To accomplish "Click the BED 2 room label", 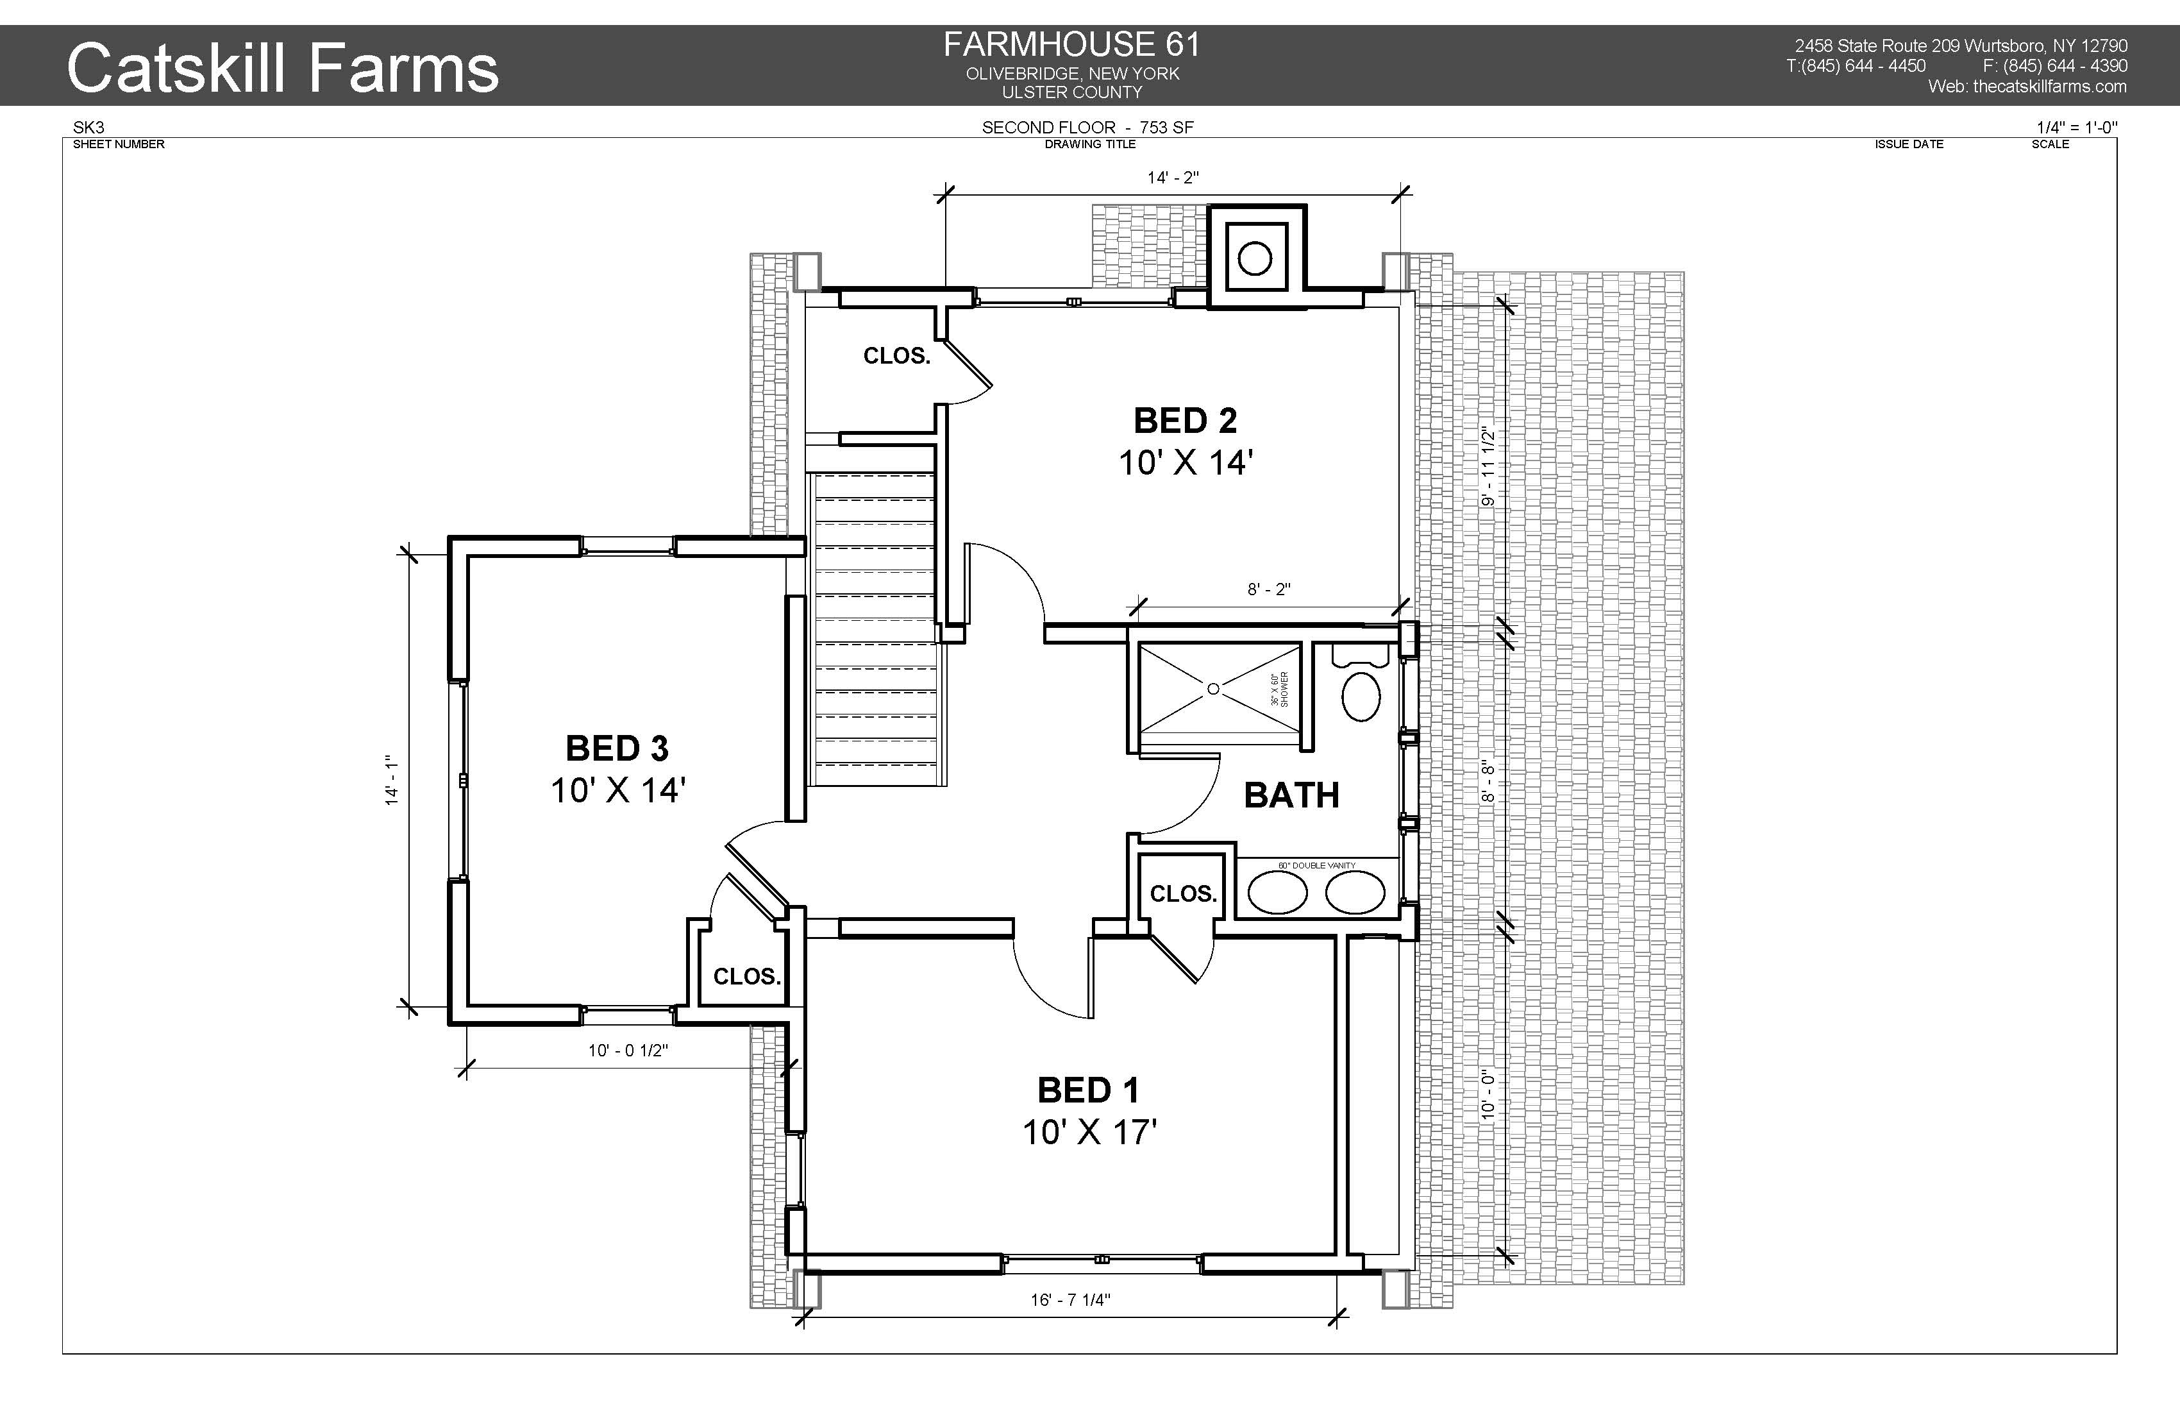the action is (x=1186, y=421).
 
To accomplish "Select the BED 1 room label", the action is (x=1088, y=1090).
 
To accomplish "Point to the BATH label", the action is (x=1291, y=795).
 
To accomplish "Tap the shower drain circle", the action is (x=1214, y=689).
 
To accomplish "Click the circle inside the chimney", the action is (x=1255, y=259).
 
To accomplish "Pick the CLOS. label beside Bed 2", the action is (x=897, y=355).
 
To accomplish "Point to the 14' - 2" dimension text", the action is (x=1173, y=178).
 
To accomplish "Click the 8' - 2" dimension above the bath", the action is (x=1269, y=590).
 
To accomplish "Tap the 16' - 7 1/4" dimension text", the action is (x=1070, y=1300).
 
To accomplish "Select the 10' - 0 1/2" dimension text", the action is (x=628, y=1051).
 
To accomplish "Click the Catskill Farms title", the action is (x=283, y=68).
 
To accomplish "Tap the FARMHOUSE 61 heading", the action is (x=1071, y=44).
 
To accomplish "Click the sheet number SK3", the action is (x=89, y=128).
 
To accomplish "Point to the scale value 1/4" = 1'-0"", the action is (x=2077, y=128).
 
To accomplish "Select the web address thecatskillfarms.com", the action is (x=2050, y=86).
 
